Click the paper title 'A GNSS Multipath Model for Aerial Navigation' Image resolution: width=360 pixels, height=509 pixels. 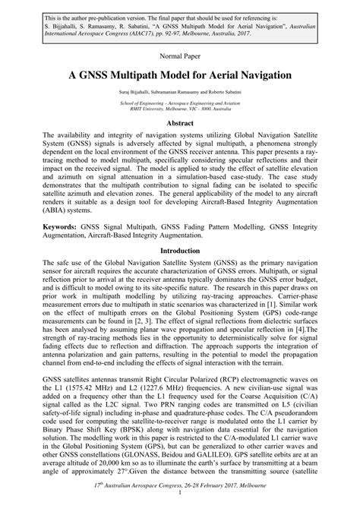pos(180,76)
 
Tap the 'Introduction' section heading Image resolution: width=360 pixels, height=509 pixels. pos(180,250)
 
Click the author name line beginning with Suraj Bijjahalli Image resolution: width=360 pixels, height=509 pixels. pos(180,93)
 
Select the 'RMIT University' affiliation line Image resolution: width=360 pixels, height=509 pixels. pos(180,108)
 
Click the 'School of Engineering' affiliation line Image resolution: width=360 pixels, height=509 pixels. pos(180,102)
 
